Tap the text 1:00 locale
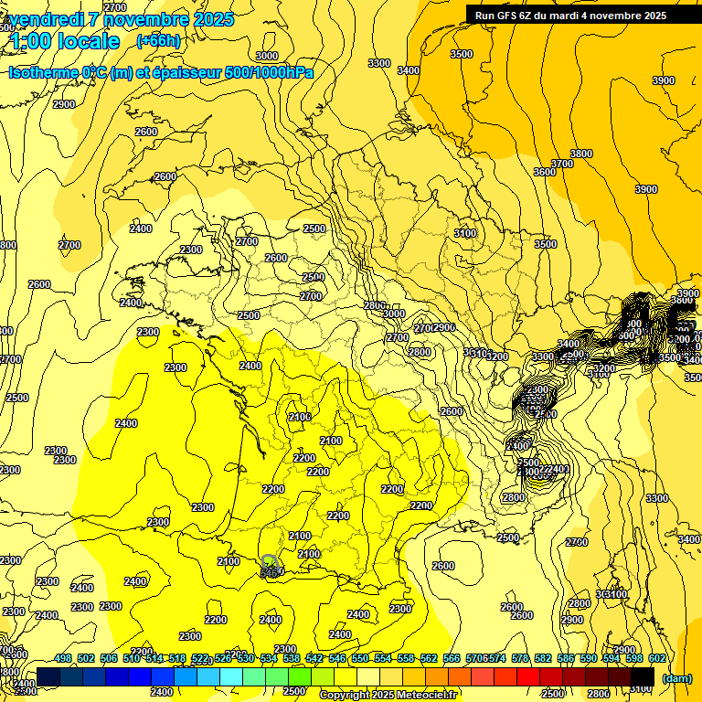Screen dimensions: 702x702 [65, 41]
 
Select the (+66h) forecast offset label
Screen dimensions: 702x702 [158, 40]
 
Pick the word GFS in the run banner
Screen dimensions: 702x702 [508, 15]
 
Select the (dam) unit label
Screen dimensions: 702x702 [676, 678]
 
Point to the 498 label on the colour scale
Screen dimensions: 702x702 [63, 658]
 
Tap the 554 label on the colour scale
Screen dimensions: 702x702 [383, 658]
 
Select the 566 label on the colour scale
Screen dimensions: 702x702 [452, 658]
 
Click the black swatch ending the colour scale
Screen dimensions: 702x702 [643, 677]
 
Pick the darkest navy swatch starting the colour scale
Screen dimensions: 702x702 [48, 677]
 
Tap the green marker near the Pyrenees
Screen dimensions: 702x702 [268, 559]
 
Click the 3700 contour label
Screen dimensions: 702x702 [562, 164]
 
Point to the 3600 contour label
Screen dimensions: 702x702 [545, 172]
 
